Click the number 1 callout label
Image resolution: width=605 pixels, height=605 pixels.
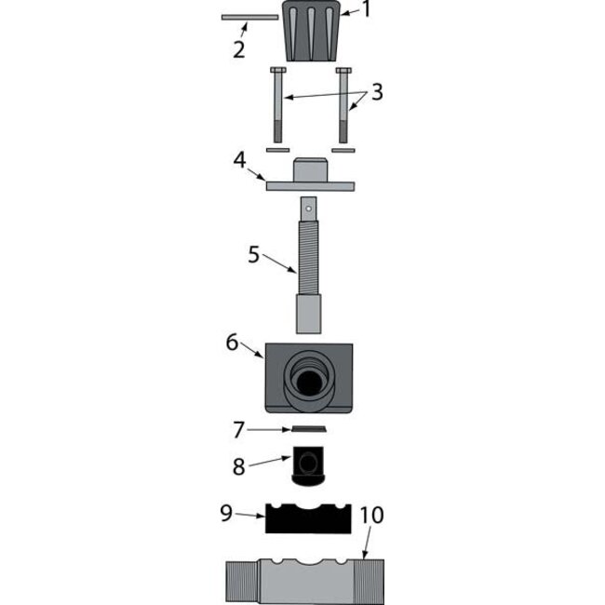click(x=366, y=10)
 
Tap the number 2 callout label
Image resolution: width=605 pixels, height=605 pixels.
click(x=239, y=49)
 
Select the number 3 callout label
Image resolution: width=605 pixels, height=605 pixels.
click(x=377, y=93)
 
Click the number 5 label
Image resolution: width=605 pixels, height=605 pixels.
click(x=254, y=254)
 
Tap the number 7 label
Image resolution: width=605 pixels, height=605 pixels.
click(x=239, y=430)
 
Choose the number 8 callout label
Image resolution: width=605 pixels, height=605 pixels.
click(x=239, y=465)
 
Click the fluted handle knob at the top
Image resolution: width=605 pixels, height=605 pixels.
click(x=309, y=33)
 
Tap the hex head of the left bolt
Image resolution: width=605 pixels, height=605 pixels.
click(x=277, y=72)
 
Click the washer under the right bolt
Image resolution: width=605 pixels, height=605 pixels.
click(x=343, y=149)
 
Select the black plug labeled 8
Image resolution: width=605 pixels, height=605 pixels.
click(x=308, y=464)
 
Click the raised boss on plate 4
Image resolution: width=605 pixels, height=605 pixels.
click(x=311, y=170)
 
